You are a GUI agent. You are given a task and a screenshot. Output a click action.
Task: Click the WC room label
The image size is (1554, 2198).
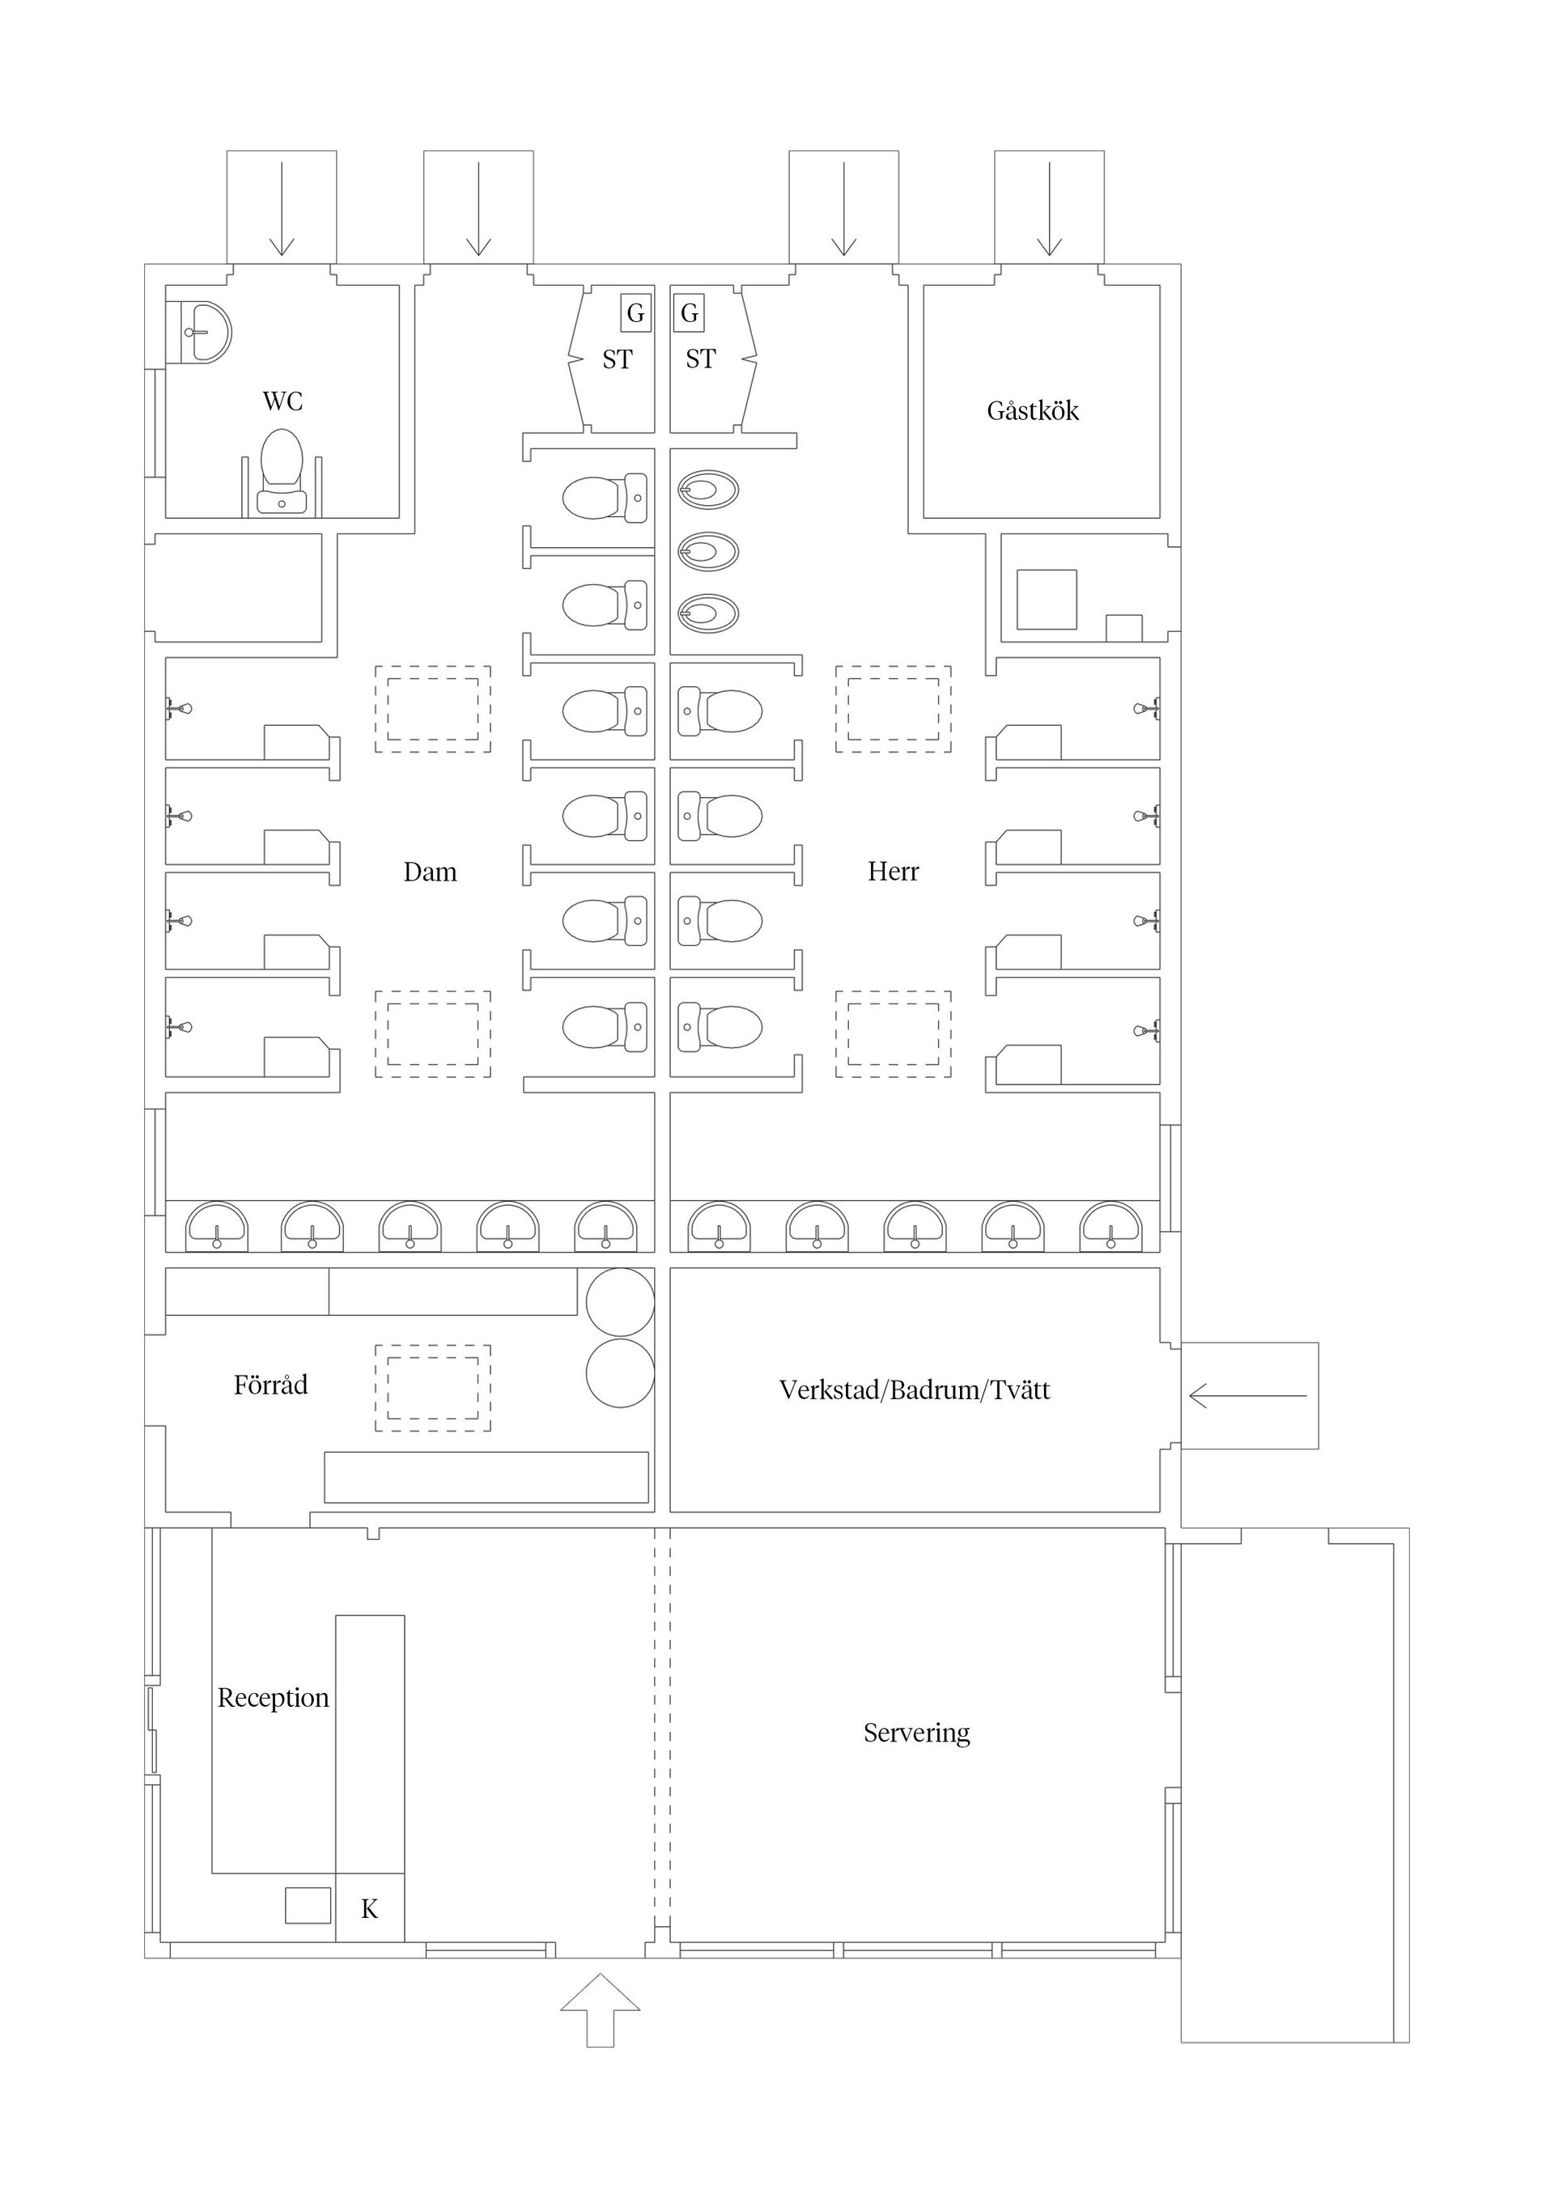click(282, 401)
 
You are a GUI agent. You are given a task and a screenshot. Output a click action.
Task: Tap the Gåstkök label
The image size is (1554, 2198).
click(1032, 410)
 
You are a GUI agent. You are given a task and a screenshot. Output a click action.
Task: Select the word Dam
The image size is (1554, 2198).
click(430, 872)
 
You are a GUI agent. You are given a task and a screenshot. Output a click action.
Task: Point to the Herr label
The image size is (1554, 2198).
click(893, 871)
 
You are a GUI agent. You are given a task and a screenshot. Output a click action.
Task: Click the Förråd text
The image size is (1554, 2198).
click(271, 1385)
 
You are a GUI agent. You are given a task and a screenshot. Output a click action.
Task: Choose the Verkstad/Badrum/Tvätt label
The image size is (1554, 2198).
click(915, 1390)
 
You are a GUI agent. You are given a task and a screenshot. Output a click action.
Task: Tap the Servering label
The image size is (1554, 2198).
click(916, 1733)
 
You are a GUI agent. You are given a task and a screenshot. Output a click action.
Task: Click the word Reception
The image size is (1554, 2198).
click(273, 1697)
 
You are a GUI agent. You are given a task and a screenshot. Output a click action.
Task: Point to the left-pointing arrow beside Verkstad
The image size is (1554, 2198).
click(1247, 1396)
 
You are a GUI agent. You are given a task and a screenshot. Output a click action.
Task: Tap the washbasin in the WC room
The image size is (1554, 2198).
click(199, 332)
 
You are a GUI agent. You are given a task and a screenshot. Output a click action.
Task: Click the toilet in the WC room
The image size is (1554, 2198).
click(282, 471)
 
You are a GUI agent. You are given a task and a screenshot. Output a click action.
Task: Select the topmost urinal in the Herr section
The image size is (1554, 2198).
click(708, 491)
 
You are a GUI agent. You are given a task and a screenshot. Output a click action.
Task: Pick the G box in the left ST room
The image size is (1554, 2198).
click(636, 313)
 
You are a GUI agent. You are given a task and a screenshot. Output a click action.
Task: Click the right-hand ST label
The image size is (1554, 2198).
click(700, 359)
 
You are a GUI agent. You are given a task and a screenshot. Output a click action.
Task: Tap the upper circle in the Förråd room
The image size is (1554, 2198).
click(621, 1302)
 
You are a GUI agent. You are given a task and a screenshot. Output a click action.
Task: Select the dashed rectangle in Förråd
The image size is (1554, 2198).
click(433, 1388)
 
